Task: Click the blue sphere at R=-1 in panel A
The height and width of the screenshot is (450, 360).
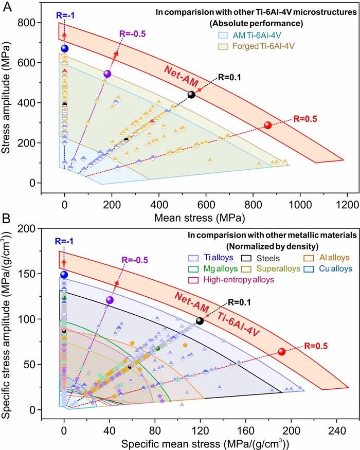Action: [x=64, y=48]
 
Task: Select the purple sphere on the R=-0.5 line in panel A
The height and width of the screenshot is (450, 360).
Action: [x=107, y=74]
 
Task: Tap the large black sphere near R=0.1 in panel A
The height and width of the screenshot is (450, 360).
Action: [x=191, y=95]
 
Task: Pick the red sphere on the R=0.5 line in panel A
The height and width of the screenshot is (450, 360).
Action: [x=267, y=125]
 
